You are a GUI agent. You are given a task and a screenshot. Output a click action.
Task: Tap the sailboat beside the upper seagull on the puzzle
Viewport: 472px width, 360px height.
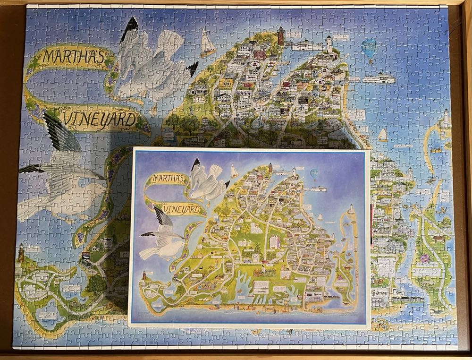point(207,43)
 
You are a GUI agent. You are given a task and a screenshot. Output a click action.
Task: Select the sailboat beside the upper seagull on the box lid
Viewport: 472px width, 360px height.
point(234,171)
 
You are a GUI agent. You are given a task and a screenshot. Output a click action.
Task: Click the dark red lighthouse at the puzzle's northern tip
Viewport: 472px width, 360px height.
point(281,35)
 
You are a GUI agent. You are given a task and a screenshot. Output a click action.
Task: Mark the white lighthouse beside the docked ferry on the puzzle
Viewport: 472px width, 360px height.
point(329,43)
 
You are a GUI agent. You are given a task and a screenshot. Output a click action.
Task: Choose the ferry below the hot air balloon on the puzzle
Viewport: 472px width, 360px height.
point(378,78)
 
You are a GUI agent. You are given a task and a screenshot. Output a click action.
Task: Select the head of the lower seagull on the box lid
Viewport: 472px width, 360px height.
point(178,244)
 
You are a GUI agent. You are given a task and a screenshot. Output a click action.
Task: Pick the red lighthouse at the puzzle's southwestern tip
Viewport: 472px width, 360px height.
point(21,255)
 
